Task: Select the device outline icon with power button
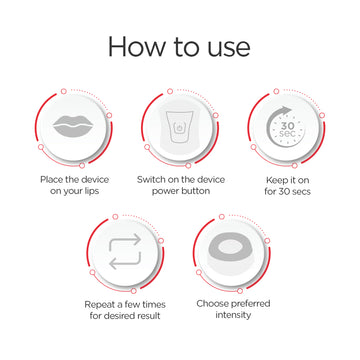[179, 128]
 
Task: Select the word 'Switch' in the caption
[152, 180]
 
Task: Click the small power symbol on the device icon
[179, 127]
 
